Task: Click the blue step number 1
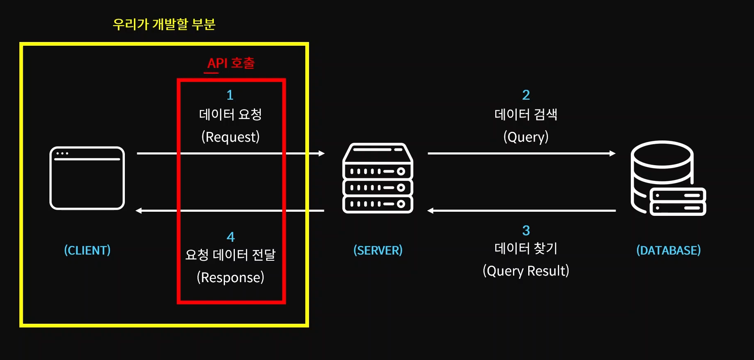pos(230,95)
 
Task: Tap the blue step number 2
pos(526,95)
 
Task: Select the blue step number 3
pos(526,230)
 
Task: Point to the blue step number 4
pos(231,237)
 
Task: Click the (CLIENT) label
pos(87,250)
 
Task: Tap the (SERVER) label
pos(378,250)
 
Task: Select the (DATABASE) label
pos(668,250)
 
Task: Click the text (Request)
pos(230,137)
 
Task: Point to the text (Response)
pos(230,277)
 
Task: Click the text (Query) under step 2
pos(526,137)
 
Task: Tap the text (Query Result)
pos(526,271)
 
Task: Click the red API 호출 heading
pos(231,63)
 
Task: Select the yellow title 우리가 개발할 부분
pos(164,24)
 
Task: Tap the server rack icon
pos(378,178)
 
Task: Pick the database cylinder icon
pos(668,178)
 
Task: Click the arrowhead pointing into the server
pos(322,153)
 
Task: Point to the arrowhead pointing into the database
pos(613,153)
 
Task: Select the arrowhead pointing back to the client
pos(139,210)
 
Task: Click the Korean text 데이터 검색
pos(526,114)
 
